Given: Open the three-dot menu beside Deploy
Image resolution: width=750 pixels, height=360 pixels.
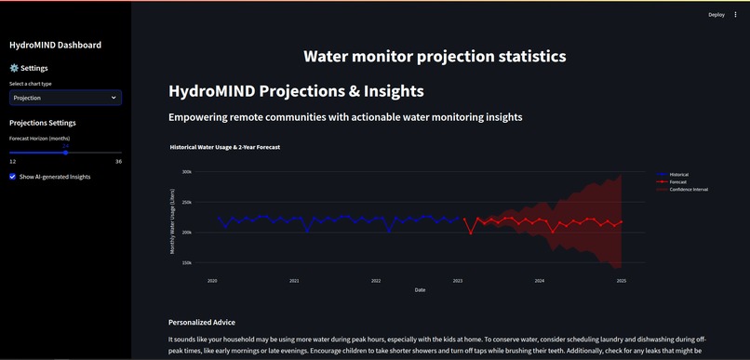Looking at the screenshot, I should pyautogui.click(x=734, y=15).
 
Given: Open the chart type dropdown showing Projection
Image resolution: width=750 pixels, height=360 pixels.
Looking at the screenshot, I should pyautogui.click(x=65, y=98).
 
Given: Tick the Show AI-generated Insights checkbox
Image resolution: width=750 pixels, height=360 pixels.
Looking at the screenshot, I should pyautogui.click(x=13, y=177).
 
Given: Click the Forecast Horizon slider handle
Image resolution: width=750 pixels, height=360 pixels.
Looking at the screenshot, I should pyautogui.click(x=65, y=153).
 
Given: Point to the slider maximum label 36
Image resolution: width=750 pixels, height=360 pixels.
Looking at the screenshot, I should pyautogui.click(x=118, y=162).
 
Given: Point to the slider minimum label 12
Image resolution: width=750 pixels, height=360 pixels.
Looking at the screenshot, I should pyautogui.click(x=13, y=162).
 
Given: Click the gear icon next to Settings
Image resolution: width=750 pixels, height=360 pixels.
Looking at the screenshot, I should pyautogui.click(x=14, y=68).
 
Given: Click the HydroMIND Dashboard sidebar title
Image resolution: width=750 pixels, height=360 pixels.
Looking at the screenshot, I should pyautogui.click(x=55, y=45).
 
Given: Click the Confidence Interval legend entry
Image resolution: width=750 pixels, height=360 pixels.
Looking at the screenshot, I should pyautogui.click(x=688, y=189).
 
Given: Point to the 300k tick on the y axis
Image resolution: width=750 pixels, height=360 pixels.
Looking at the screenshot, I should pyautogui.click(x=186, y=172).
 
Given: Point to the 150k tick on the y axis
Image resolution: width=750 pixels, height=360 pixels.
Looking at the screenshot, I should pyautogui.click(x=186, y=262).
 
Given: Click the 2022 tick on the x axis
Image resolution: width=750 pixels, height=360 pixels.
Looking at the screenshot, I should pyautogui.click(x=376, y=280).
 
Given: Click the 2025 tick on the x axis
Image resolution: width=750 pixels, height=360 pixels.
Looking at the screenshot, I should pyautogui.click(x=622, y=280).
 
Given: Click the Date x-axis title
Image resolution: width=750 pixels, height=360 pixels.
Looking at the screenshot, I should pyautogui.click(x=420, y=289).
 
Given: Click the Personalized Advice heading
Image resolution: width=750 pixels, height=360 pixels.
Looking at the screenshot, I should pyautogui.click(x=202, y=322).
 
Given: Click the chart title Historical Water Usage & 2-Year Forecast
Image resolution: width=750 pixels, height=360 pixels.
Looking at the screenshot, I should pyautogui.click(x=225, y=147).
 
